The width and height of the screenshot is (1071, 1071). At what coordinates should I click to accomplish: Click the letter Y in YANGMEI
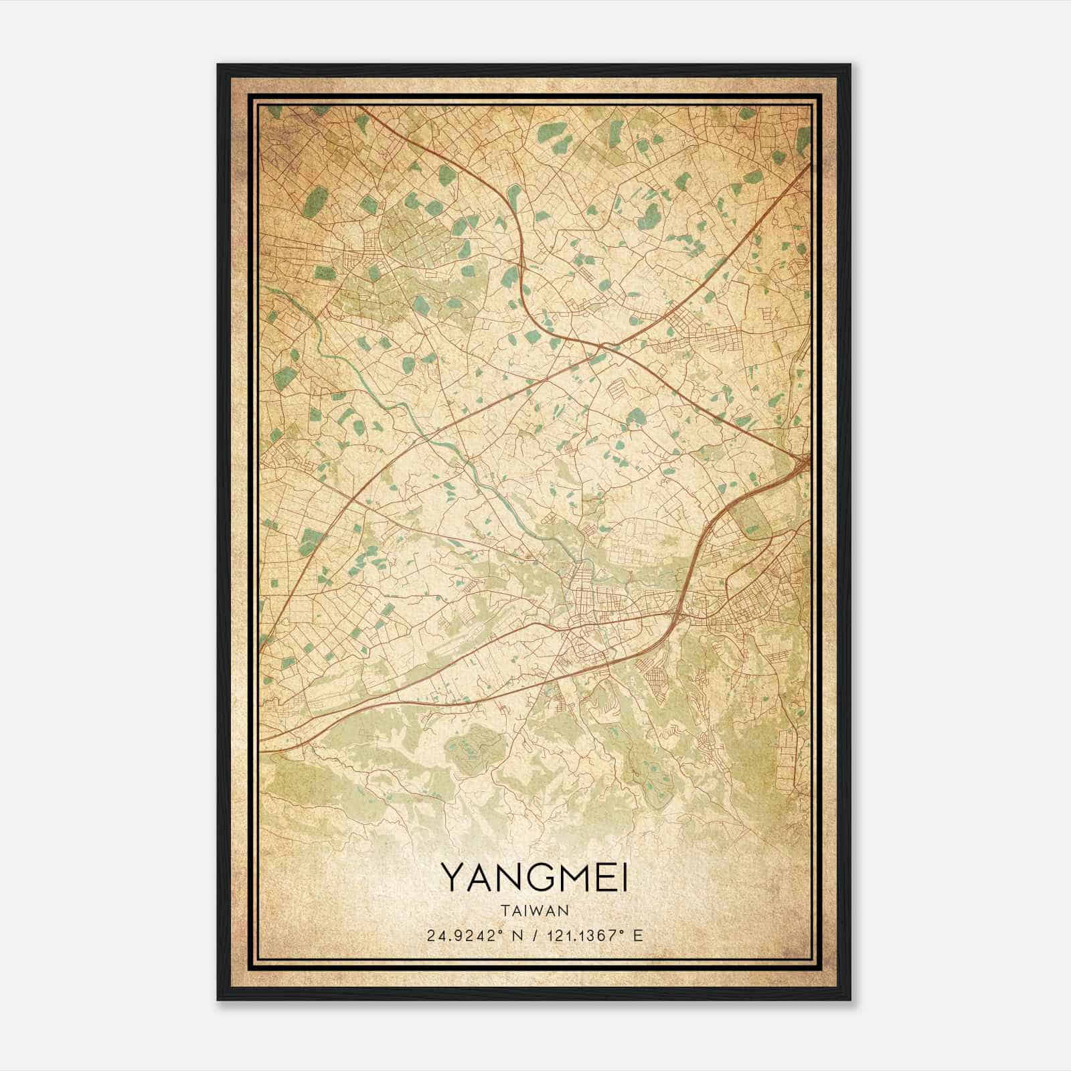[451, 878]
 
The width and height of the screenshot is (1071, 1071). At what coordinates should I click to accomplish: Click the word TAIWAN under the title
[534, 910]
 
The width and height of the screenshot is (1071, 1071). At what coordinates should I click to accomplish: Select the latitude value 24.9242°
[461, 936]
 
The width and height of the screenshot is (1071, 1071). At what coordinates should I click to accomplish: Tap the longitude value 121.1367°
[578, 936]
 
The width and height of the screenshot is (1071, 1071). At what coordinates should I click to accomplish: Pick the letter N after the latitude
[514, 936]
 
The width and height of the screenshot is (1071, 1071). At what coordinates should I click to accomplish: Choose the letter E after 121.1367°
[638, 936]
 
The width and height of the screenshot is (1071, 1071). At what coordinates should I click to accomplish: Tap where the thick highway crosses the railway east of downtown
[677, 610]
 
